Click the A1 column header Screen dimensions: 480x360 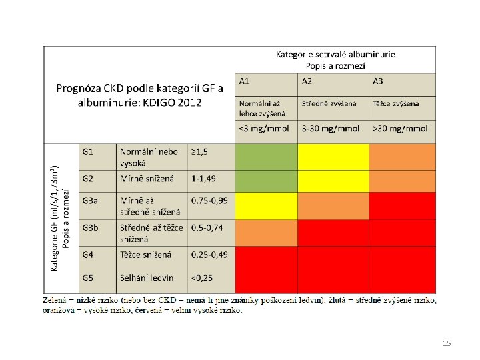coord(244,81)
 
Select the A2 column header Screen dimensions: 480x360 coord(307,81)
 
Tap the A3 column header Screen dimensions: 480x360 coord(378,81)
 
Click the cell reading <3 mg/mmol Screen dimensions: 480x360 coord(264,129)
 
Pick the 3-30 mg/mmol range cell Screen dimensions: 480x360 coord(331,129)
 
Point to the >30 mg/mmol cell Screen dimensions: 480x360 coord(400,129)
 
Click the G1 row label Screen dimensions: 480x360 coord(88,152)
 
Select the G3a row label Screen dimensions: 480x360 coord(90,201)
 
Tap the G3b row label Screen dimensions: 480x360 coord(91,228)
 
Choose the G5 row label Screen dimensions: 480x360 coord(88,278)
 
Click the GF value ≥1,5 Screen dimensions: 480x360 coord(199,152)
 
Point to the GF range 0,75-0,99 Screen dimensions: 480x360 coord(209,201)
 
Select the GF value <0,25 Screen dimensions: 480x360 coord(202,278)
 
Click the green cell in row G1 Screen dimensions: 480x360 coord(266,157)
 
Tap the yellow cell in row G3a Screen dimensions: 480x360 coord(266,206)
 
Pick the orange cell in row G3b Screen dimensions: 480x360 coord(266,233)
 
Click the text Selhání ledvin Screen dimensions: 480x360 coord(147,278)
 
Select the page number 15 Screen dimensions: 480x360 coord(447,343)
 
